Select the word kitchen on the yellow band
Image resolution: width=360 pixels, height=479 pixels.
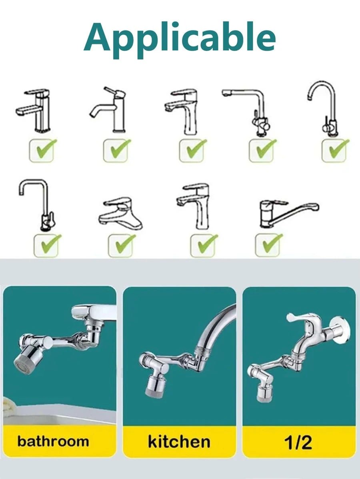coord(179,441)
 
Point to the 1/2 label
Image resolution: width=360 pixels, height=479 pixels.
coord(298,442)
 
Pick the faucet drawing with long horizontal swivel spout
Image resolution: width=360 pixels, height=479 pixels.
coord(289,214)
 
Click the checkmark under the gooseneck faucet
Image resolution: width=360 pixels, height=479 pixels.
coord(335,150)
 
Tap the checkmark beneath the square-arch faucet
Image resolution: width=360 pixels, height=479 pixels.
coord(47,245)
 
